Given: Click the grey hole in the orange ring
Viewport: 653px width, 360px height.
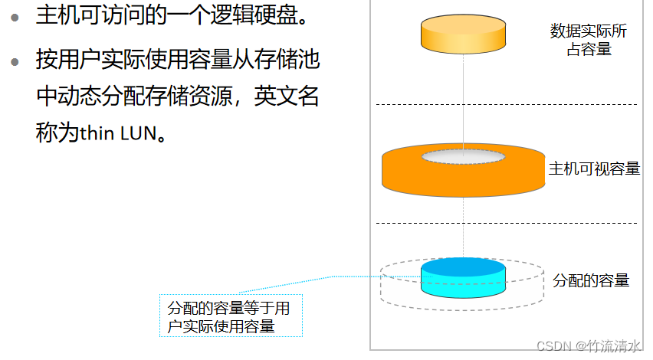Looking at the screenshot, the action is tap(463, 157).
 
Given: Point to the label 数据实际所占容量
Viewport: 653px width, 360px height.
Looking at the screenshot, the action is tap(588, 41).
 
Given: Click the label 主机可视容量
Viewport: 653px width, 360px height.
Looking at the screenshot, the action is tap(594, 169).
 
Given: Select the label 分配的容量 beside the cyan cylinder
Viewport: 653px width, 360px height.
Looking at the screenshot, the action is tap(591, 280).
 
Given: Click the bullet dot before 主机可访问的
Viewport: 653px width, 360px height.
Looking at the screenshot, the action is tap(16, 16).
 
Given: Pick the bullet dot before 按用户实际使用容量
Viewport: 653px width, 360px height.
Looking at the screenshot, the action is tap(16, 61).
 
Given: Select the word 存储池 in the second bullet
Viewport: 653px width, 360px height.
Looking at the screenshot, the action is tap(292, 59).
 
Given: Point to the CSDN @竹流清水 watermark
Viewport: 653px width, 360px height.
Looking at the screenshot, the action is tap(589, 346).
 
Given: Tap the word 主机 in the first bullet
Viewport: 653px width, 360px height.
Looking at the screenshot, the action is tap(54, 15).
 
